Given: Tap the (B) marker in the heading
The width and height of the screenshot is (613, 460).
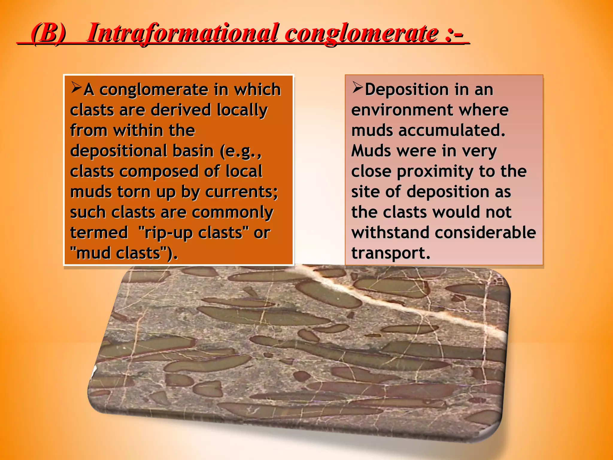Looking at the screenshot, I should click(x=48, y=33).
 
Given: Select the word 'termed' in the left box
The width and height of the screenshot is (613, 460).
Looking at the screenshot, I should click(x=99, y=233).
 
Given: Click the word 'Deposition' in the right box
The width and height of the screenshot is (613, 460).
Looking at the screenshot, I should click(x=407, y=90).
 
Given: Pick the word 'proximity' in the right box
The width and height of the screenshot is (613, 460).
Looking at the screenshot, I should click(x=435, y=172).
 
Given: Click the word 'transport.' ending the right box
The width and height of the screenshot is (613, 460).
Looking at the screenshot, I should click(x=391, y=253).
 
